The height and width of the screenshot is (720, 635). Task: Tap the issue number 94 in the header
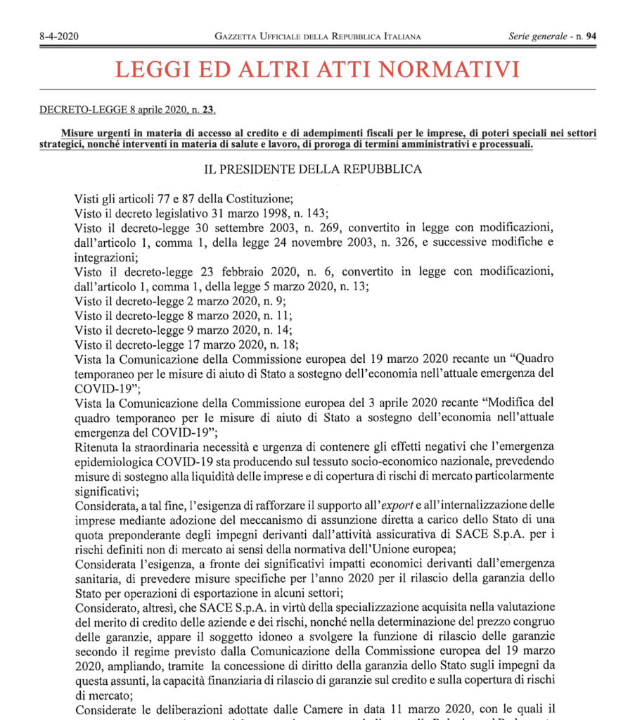[x=589, y=37]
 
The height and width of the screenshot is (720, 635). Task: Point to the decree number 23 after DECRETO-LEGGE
[x=209, y=110]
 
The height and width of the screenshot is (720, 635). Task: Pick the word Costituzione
[x=255, y=199]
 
